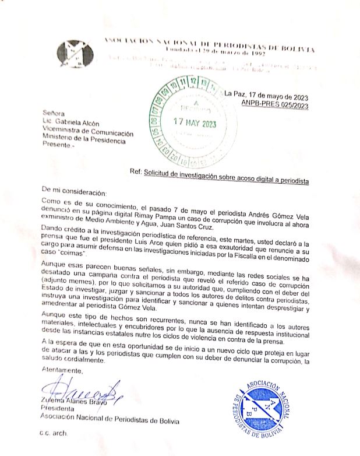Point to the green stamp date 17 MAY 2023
tap(192, 123)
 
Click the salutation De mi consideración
tap(74, 191)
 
